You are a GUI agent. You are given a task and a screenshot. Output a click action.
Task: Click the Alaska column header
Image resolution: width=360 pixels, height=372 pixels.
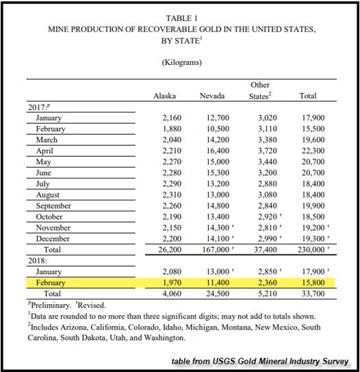165,96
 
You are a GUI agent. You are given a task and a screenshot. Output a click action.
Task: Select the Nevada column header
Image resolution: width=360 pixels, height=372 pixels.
211,96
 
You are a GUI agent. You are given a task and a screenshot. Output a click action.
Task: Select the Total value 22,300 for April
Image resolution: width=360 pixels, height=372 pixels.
313,151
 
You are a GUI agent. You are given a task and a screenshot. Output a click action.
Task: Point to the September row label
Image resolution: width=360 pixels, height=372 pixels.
53,206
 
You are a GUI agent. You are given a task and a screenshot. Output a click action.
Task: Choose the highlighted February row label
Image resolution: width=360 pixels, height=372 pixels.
51,283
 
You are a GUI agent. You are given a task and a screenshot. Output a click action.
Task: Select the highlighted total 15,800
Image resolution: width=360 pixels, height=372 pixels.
313,283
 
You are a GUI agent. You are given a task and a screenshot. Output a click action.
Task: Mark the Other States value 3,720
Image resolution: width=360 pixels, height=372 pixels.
266,151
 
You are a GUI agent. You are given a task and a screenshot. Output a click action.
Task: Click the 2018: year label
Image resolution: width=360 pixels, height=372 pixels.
38,261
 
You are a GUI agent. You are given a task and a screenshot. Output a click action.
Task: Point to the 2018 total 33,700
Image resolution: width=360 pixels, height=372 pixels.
313,294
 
